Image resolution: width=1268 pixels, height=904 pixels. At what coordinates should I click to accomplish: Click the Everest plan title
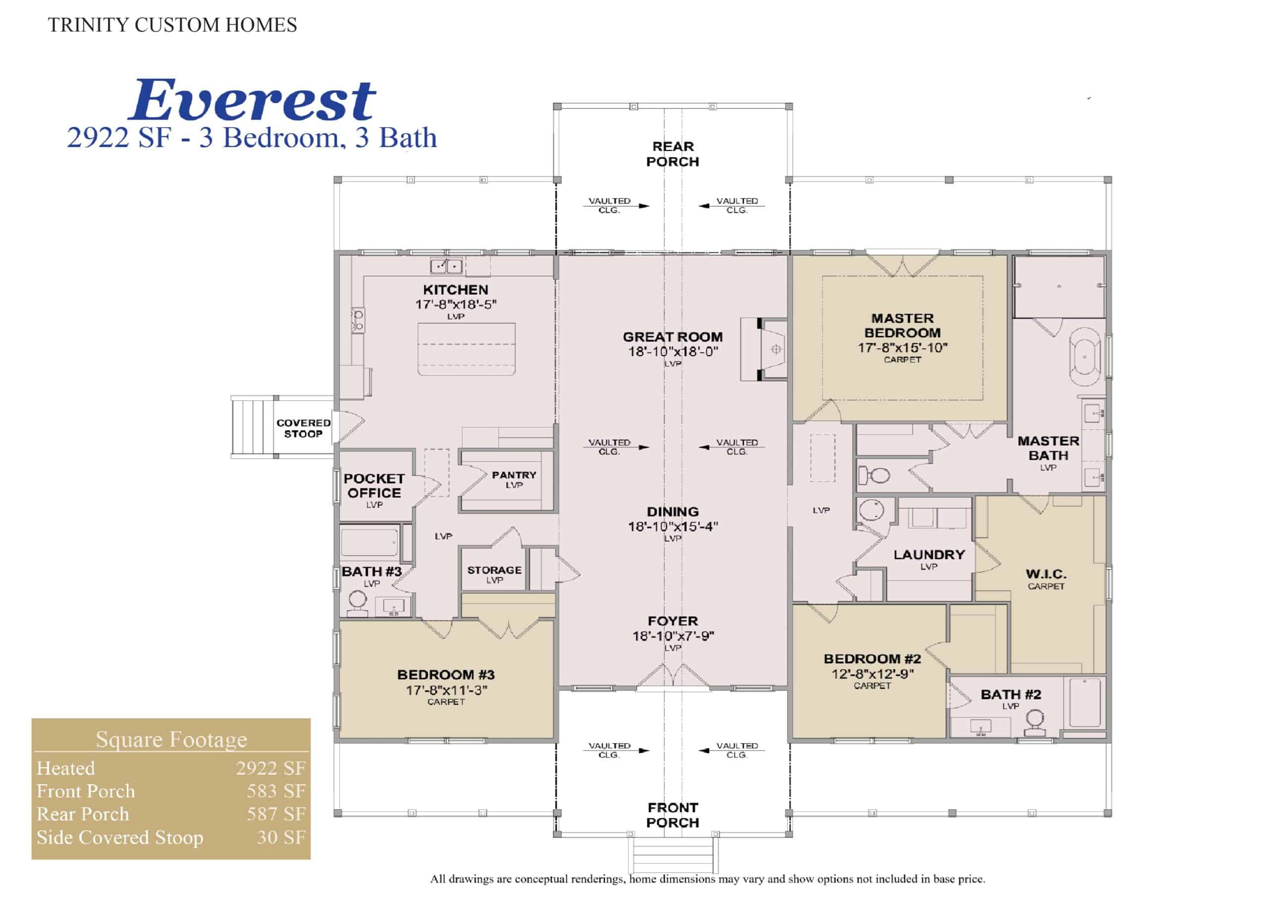252,100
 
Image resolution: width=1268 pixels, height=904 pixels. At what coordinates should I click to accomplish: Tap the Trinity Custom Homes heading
172,25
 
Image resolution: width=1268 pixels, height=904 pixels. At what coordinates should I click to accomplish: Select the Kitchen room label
455,289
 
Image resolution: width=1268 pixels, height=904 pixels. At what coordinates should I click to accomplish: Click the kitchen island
467,349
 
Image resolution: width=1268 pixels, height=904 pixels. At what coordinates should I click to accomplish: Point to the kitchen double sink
446,266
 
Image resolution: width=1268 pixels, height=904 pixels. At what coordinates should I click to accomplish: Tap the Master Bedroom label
902,325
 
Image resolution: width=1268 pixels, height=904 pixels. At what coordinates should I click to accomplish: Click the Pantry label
514,475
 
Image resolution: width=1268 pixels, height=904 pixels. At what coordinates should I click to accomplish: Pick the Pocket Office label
373,485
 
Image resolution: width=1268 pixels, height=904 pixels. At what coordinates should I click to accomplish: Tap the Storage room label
494,570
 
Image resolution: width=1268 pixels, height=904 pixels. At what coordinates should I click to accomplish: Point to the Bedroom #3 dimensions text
446,690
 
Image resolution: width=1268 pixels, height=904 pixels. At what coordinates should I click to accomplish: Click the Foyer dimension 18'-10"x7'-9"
673,636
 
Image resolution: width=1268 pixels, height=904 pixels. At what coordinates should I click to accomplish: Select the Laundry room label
929,554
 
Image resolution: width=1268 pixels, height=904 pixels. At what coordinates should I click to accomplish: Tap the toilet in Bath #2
1035,723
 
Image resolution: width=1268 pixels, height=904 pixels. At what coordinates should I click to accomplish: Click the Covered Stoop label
303,428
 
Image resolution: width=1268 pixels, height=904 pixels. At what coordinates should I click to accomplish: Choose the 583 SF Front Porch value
276,791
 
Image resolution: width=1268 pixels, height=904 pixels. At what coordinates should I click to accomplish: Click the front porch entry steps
673,854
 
